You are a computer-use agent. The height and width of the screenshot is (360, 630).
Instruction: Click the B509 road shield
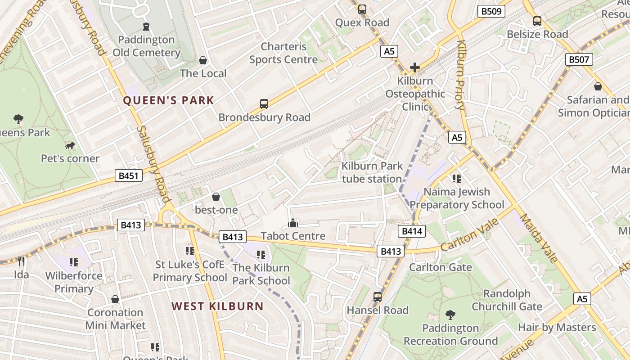[491, 11]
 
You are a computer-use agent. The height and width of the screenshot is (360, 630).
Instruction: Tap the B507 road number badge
[579, 59]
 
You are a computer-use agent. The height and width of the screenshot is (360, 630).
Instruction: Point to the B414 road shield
[411, 231]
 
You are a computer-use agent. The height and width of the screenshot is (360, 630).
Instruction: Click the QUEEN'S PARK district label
[168, 100]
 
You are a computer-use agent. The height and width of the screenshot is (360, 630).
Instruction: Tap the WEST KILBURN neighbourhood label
[217, 306]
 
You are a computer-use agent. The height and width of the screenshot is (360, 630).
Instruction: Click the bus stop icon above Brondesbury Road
[264, 104]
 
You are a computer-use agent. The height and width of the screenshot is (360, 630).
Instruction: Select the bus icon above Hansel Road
[377, 297]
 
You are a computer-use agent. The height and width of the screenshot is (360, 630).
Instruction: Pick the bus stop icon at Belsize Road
[537, 21]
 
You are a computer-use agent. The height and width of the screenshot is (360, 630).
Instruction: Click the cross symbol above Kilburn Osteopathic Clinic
[415, 68]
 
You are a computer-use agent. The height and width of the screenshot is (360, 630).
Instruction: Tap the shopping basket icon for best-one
[216, 197]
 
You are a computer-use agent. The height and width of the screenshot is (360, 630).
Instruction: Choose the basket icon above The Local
[203, 60]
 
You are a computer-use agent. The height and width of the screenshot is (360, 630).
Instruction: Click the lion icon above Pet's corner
[70, 145]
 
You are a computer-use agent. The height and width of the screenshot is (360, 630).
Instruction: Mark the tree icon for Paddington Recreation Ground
[450, 315]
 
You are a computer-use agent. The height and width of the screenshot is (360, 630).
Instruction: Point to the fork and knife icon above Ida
[21, 261]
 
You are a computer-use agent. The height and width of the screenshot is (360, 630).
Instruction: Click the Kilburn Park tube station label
[372, 172]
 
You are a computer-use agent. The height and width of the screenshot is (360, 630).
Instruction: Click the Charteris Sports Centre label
[283, 53]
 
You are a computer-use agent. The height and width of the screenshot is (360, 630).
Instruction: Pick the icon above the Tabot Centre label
[293, 223]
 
